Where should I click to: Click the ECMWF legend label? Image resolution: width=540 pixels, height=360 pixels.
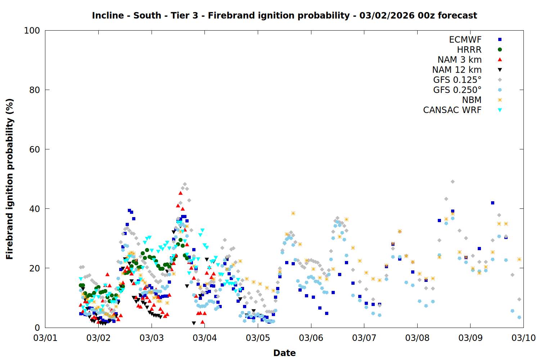click(x=465, y=40)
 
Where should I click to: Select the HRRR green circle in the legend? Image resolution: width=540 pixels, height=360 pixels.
click(x=500, y=50)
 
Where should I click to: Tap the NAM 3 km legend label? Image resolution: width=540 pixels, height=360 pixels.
click(x=459, y=60)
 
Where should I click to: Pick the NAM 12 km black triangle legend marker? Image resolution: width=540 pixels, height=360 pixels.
click(x=500, y=70)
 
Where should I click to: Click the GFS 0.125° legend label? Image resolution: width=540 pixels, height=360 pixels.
click(x=457, y=80)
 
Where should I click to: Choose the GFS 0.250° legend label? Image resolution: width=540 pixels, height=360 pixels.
click(x=457, y=90)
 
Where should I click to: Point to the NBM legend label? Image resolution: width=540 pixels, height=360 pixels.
click(x=472, y=100)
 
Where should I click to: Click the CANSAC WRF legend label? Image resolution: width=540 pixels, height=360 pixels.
click(x=452, y=110)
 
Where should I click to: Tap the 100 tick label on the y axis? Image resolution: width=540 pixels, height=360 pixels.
click(x=32, y=31)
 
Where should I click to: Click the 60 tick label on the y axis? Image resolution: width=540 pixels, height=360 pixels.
click(x=35, y=149)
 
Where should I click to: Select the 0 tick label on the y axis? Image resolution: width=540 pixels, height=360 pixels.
click(x=37, y=328)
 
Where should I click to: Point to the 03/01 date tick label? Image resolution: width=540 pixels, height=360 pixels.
click(x=45, y=338)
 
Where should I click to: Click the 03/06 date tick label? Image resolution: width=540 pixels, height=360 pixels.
click(x=311, y=338)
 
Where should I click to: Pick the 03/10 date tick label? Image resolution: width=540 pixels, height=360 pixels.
click(x=523, y=338)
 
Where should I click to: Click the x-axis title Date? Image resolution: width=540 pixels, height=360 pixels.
click(x=284, y=353)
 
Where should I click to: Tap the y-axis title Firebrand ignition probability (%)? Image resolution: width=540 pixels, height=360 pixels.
click(x=9, y=179)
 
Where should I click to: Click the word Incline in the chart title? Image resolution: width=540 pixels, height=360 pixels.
click(x=108, y=15)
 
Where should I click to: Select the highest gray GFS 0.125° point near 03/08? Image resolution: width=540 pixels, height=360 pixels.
click(x=453, y=182)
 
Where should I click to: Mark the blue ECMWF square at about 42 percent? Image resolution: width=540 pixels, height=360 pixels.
click(x=492, y=203)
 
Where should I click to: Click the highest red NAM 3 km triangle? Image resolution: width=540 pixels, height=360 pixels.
click(x=180, y=193)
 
